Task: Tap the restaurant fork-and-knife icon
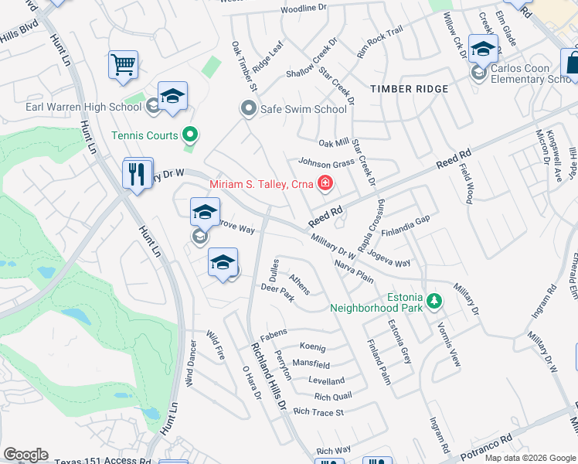(x=138, y=173)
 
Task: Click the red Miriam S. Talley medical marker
(x=325, y=184)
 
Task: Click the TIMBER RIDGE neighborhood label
(x=409, y=89)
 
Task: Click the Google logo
(x=25, y=454)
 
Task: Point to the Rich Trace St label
(x=318, y=412)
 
